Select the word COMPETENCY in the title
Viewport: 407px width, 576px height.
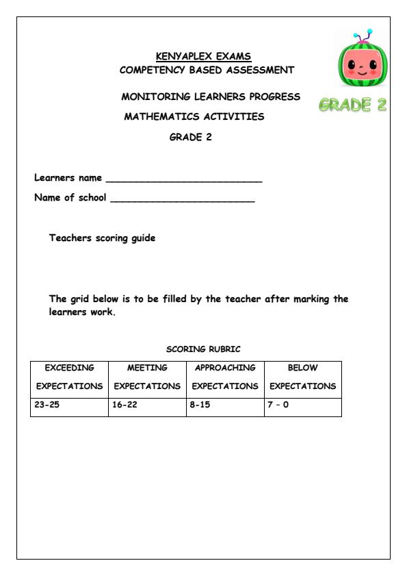[x=153, y=70]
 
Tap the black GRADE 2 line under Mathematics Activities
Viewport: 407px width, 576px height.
[x=191, y=136]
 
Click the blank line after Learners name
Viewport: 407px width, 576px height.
[x=184, y=179]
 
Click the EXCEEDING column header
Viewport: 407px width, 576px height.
[x=69, y=368]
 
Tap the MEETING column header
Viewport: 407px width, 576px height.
[x=147, y=368]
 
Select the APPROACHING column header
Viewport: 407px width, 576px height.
[x=225, y=368]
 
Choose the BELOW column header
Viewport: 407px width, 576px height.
[x=303, y=368]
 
